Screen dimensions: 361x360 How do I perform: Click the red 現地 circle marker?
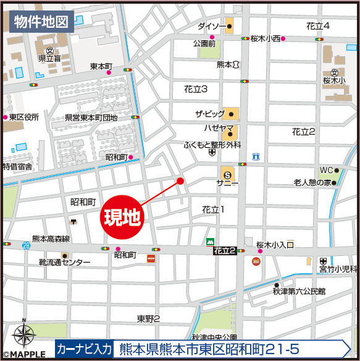coord(122,217)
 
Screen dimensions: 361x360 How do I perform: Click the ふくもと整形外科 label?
coord(212,144)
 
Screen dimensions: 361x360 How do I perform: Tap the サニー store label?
coord(227,183)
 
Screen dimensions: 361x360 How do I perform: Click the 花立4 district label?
coord(317,25)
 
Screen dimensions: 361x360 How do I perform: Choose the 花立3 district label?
coord(196,90)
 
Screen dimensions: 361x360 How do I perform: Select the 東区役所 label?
coord(24,117)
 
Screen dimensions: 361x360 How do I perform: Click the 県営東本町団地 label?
coord(91,117)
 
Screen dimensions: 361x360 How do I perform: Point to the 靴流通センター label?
coord(64,263)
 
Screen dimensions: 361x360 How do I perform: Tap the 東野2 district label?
coord(148,318)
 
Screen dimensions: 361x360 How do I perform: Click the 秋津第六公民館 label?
coord(299,291)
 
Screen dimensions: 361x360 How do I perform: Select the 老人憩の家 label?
coord(312,183)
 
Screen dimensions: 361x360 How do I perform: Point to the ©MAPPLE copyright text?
coord(23,355)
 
